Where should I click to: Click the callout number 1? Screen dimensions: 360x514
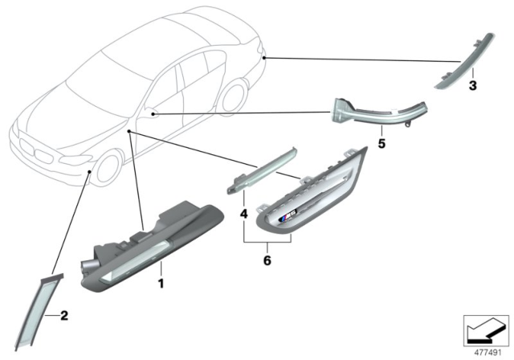point(160,284)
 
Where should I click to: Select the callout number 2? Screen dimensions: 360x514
point(65,317)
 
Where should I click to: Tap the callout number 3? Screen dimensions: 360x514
point(472,84)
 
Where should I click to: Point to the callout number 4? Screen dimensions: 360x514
point(244,215)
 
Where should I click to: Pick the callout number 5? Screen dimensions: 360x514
point(382,146)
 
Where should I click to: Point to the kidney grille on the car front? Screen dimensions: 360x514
point(32,150)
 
